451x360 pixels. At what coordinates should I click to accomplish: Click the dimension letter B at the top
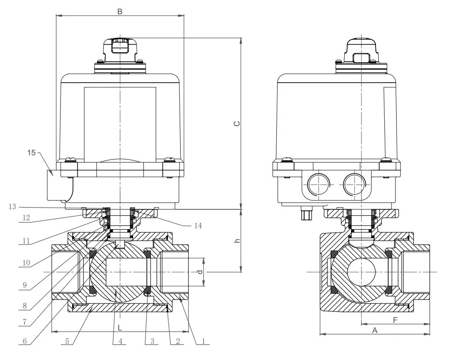pyautogui.click(x=120, y=11)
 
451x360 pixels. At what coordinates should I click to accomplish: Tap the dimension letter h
pyautogui.click(x=237, y=241)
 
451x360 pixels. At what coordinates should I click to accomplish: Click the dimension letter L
pyautogui.click(x=120, y=327)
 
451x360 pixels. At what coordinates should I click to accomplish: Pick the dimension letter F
pyautogui.click(x=395, y=320)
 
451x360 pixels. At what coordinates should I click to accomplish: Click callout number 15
pyautogui.click(x=32, y=152)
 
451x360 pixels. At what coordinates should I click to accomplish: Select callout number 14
pyautogui.click(x=197, y=226)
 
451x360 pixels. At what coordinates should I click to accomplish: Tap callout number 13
pyautogui.click(x=12, y=206)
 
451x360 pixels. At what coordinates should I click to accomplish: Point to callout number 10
pyautogui.click(x=26, y=263)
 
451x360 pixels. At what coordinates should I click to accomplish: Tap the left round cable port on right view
pyautogui.click(x=318, y=184)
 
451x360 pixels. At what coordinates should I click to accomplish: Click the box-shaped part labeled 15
pyautogui.click(x=57, y=184)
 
